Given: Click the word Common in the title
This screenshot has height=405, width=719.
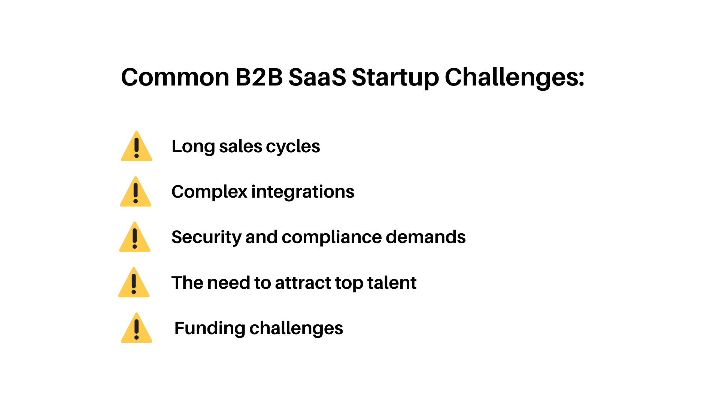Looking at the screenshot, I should [x=175, y=78].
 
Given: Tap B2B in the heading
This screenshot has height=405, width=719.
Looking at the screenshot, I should [x=259, y=78].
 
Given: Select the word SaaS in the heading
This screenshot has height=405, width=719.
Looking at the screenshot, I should [x=317, y=78].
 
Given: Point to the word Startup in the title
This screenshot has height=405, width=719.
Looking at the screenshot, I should [x=395, y=78].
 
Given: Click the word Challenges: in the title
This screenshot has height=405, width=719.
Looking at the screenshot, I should [x=515, y=78].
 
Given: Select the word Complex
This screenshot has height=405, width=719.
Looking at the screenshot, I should [x=209, y=192].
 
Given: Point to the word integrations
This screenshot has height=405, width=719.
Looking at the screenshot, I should [x=303, y=192].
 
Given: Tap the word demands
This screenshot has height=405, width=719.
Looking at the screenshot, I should [x=425, y=237].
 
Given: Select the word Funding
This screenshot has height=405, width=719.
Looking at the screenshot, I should [x=210, y=328].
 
